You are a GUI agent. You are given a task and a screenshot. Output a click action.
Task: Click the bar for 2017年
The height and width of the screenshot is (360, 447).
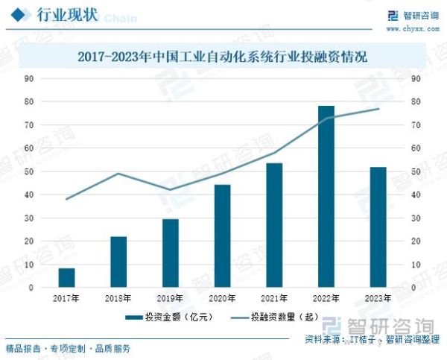point(66,277)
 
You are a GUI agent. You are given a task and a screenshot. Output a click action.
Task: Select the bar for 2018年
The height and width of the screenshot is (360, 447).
point(118,262)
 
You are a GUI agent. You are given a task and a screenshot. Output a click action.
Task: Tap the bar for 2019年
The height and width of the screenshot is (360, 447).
point(171,253)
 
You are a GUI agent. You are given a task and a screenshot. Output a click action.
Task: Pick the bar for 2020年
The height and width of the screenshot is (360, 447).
point(222,236)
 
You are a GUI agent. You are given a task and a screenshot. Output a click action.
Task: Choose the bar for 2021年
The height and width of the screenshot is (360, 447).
point(274,225)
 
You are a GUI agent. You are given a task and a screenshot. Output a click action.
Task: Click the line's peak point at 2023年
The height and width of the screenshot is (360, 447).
point(378,109)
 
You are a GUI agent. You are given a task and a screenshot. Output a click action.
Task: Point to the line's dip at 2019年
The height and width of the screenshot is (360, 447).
point(171,190)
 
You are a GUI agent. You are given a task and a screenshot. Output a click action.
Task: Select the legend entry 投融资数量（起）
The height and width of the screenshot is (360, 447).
point(278,317)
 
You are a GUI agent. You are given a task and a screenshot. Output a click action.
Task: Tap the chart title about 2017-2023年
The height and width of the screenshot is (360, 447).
point(223,56)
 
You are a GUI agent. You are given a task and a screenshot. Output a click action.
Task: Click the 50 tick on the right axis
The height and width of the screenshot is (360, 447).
point(415,171)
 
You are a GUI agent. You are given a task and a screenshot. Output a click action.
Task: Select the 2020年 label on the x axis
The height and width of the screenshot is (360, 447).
point(222,298)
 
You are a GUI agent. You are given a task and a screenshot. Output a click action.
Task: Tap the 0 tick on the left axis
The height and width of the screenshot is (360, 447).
point(31,287)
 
